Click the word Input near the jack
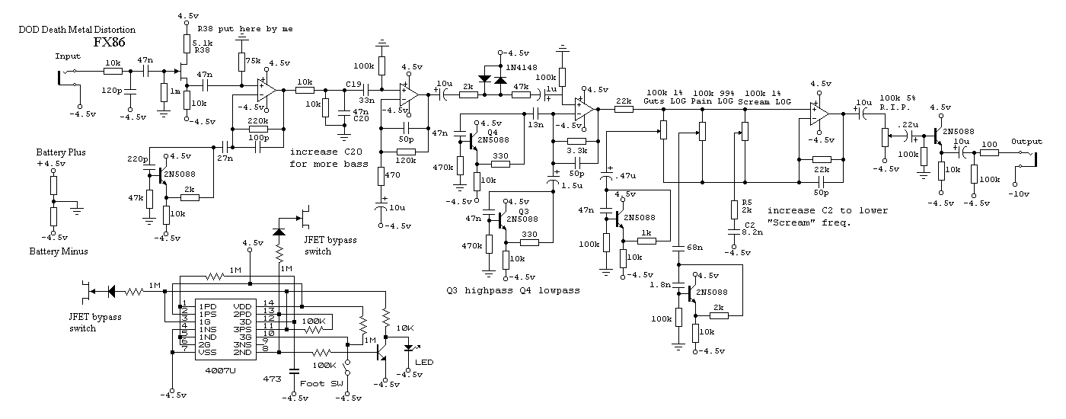tap(69, 56)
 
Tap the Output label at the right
tap(1026, 142)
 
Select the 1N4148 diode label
tap(525, 68)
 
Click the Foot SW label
tap(317, 383)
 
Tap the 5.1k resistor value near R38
tap(203, 43)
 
